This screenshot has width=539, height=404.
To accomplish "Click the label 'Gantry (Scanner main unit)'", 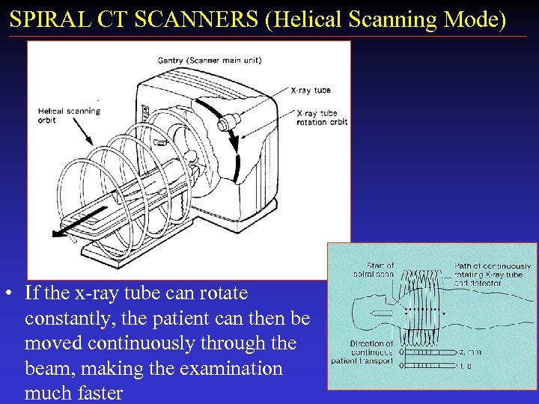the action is (209, 60).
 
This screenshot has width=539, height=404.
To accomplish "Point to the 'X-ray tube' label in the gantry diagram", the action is (311, 91).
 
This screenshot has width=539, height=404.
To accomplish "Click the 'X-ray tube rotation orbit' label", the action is (322, 117).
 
